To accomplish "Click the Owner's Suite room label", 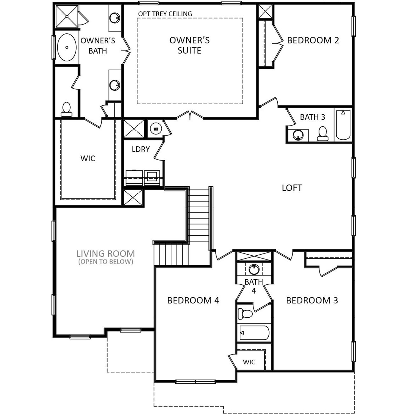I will coord(189,45).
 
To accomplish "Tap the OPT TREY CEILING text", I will coord(165,14).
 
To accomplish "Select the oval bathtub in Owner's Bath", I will coord(67,47).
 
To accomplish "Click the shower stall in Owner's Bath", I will coord(66,16).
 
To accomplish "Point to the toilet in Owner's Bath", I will coord(66,109).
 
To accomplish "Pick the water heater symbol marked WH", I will coord(156,129).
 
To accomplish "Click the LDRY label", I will coord(141,149).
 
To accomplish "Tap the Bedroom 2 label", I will coord(313,40).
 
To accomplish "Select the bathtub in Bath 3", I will coord(343,125).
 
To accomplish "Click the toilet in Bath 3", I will coord(322,134).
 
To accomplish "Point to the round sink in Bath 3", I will coord(298,135).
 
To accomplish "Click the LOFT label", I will coord(292,188).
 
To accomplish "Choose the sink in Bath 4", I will coord(254,270).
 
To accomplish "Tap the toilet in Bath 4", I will coord(245,314).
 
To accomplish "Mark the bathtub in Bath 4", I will coord(254,333).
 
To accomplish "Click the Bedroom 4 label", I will coord(193,300).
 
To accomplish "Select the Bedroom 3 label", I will coord(312,300).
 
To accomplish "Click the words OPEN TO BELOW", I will coord(106,262).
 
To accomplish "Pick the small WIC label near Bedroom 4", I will coord(249,362).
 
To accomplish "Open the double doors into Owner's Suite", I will coord(190,116).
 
